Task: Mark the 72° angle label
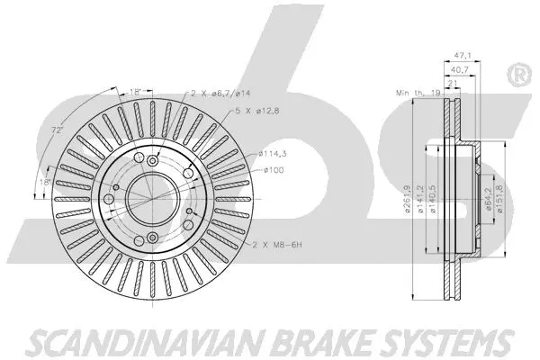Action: (57, 131)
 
